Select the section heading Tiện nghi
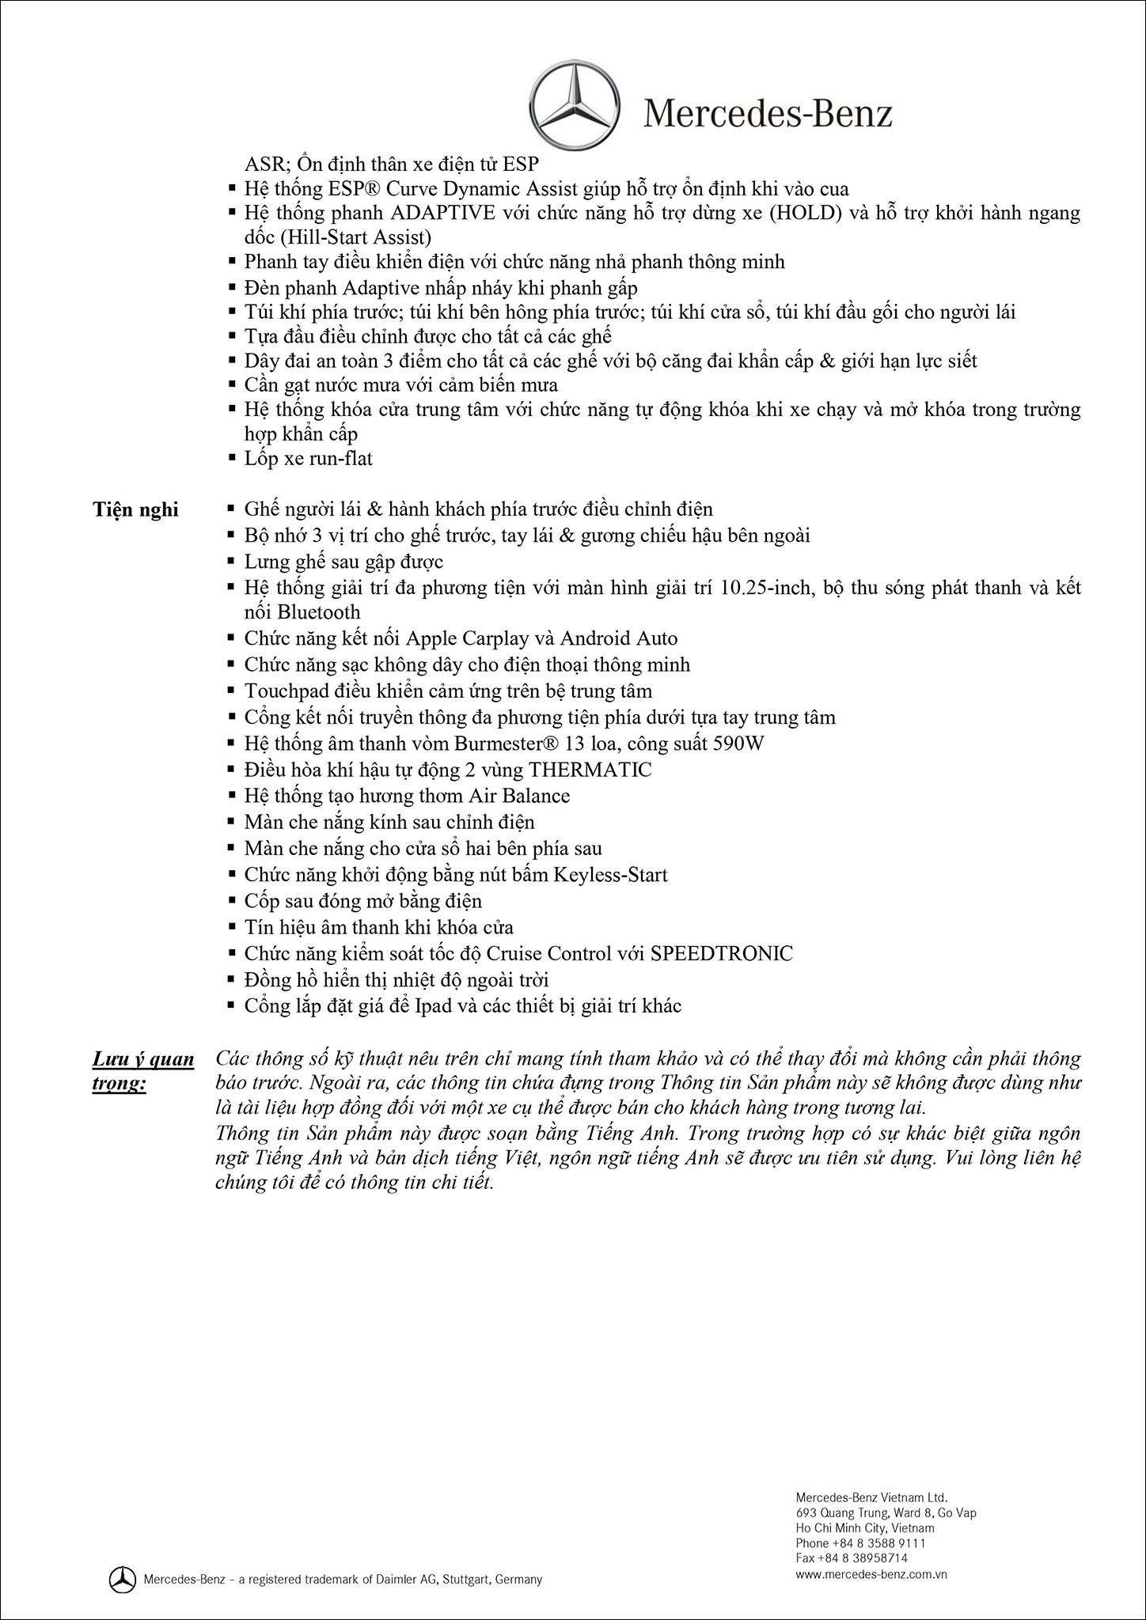click(135, 509)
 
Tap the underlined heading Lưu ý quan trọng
click(143, 1070)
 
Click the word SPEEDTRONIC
click(721, 953)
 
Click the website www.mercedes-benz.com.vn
click(871, 1573)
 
